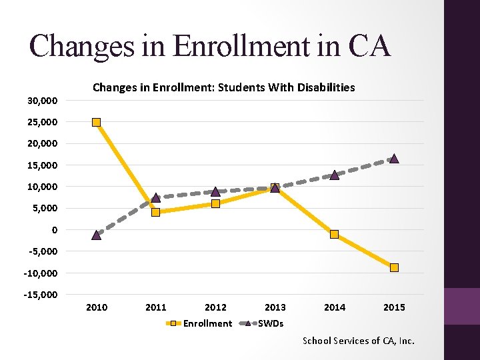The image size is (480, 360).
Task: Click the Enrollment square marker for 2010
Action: (x=97, y=122)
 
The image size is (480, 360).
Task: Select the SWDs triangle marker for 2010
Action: (x=97, y=235)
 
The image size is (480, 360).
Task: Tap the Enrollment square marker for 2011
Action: (x=155, y=212)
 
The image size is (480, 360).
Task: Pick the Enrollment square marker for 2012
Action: (x=215, y=203)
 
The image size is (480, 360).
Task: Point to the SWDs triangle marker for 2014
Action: (x=335, y=175)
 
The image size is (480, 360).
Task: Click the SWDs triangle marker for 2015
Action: (x=394, y=159)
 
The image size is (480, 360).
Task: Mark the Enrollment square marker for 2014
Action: (x=335, y=234)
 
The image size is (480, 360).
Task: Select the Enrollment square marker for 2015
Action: (x=394, y=267)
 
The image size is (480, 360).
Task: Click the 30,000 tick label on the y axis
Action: (x=42, y=101)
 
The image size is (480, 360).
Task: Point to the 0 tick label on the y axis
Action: (x=54, y=230)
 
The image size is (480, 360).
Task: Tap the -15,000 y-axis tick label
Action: (x=41, y=295)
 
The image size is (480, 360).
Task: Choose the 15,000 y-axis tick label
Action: (x=42, y=165)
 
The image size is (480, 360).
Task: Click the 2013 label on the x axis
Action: (x=275, y=307)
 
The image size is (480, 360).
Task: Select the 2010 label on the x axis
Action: (x=97, y=307)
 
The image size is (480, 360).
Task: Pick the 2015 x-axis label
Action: (x=394, y=307)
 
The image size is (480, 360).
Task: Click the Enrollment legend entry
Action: (x=207, y=323)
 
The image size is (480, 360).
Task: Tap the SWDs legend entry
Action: (x=270, y=323)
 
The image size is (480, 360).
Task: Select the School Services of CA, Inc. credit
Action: (x=359, y=341)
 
